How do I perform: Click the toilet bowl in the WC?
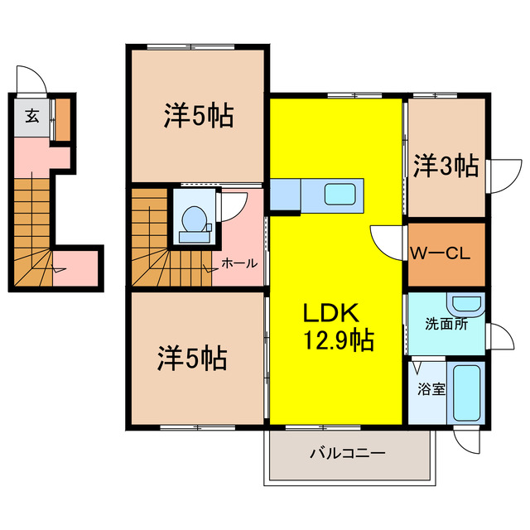coord(194,219)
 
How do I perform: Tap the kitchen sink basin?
coord(340,194)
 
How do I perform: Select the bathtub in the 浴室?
coord(466,393)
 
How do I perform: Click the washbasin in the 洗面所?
coord(466,304)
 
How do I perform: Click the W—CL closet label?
coord(440,253)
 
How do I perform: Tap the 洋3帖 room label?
coord(446,166)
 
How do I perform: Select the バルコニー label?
coord(348,453)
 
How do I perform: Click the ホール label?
coord(239,263)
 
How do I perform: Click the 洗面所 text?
coord(446,324)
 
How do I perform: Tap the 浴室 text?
coord(431,389)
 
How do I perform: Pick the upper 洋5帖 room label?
coord(199,116)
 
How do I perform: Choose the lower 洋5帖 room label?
coord(192,359)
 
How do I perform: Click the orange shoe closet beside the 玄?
coord(63,119)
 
